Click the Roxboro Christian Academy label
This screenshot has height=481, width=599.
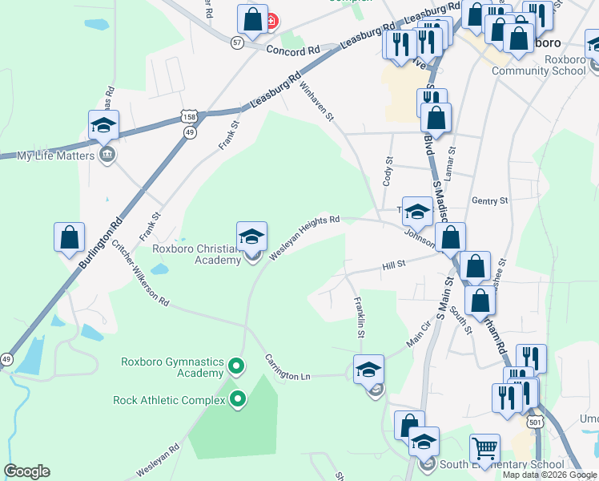(x=197, y=253)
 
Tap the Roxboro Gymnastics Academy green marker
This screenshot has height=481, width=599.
(x=235, y=367)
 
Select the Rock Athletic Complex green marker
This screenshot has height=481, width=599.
(x=238, y=399)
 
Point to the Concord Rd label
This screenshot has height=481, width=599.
(x=292, y=50)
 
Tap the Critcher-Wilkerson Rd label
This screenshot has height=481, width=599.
(x=140, y=273)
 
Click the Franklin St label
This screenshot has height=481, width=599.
(x=360, y=316)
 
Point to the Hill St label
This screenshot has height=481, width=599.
(x=395, y=265)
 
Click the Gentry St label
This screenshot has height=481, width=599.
(x=490, y=200)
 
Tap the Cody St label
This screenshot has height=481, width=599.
(x=388, y=171)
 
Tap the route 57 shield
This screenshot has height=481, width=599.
(x=237, y=42)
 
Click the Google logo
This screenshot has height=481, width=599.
(x=26, y=471)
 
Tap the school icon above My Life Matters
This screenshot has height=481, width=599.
(x=104, y=125)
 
